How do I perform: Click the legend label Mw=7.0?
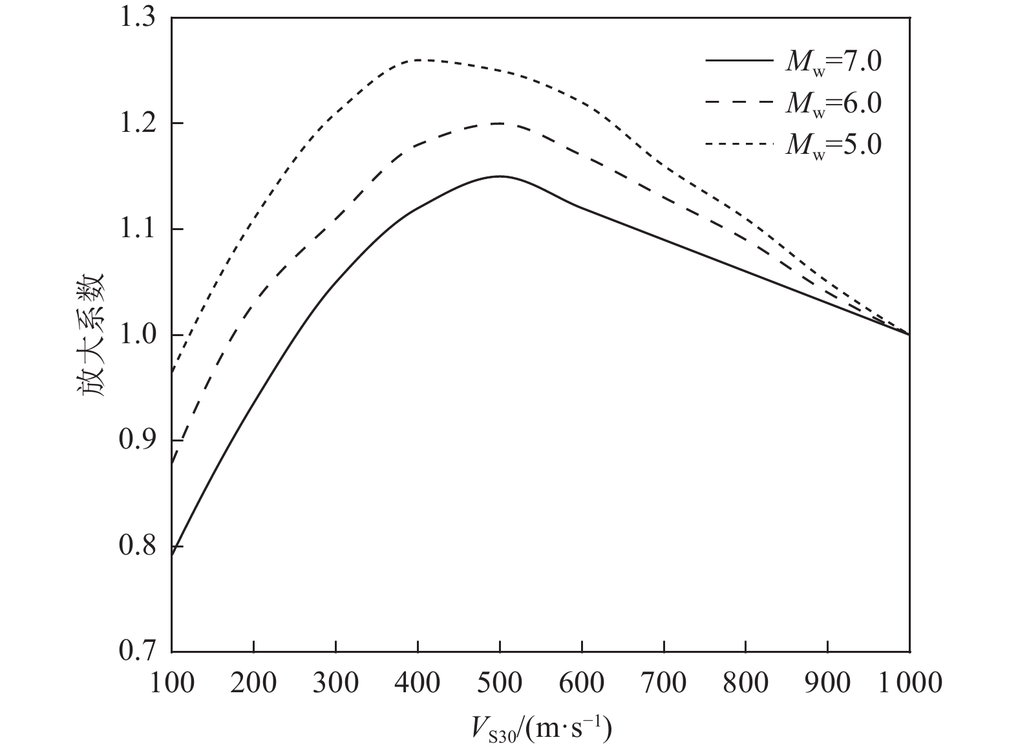[x=833, y=62]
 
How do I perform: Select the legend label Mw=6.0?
[x=833, y=103]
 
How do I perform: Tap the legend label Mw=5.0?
[x=833, y=145]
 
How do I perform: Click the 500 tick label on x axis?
[x=500, y=683]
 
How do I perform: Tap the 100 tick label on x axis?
[x=172, y=683]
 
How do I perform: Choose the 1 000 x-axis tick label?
[x=909, y=683]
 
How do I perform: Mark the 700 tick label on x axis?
[x=664, y=683]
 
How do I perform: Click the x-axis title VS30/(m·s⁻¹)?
[x=540, y=729]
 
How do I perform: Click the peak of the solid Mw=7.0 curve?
[x=500, y=176]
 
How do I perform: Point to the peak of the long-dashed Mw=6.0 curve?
[x=500, y=123]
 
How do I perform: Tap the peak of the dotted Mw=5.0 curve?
[x=419, y=59]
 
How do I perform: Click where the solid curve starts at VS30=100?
[x=173, y=555]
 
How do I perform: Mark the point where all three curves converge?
[x=909, y=334]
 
